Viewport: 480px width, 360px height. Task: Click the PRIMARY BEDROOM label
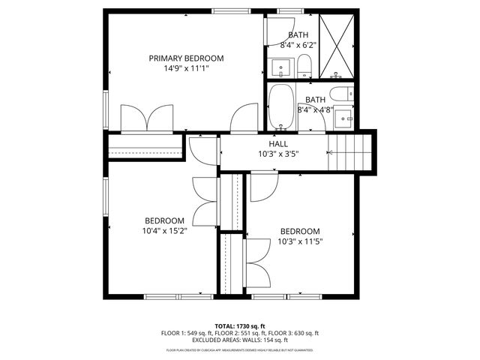(186, 58)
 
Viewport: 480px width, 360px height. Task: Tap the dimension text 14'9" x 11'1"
(186, 68)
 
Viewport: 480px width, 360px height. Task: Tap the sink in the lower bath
(346, 117)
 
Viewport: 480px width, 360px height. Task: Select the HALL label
(278, 143)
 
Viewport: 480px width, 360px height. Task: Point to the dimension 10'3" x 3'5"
(278, 153)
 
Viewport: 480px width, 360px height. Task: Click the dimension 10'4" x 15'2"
(165, 231)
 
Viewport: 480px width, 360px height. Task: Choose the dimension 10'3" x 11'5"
(300, 241)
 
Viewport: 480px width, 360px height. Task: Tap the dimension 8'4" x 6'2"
(298, 45)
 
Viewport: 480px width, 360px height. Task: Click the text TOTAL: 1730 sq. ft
(240, 325)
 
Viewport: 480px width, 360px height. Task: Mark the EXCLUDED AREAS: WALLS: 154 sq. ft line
(240, 340)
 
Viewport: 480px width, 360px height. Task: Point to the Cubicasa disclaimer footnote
(240, 350)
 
